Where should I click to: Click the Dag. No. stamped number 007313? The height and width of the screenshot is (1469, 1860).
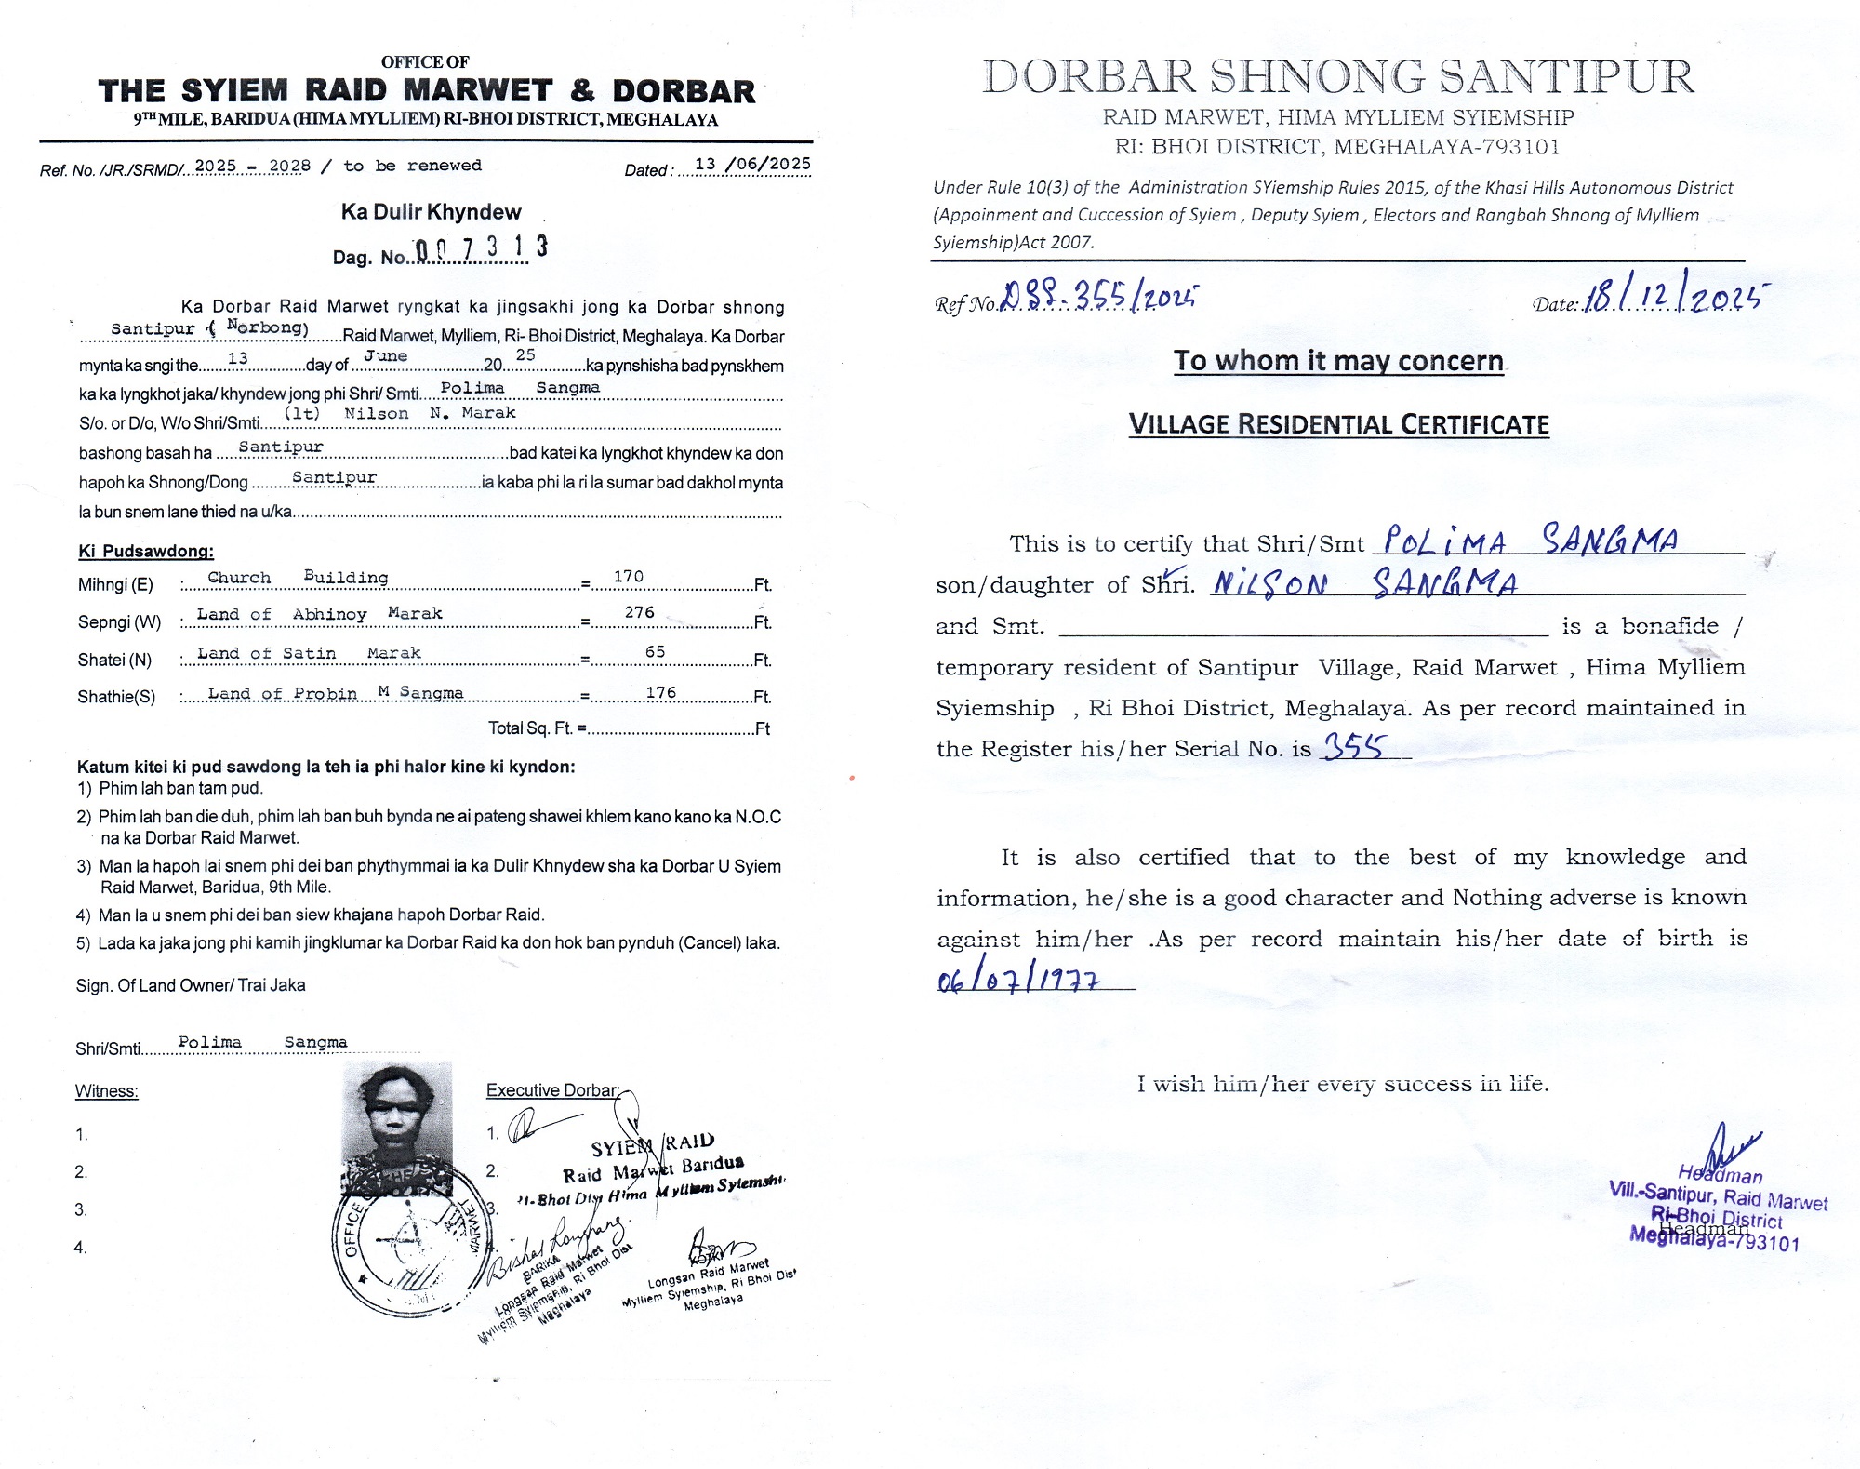tap(481, 248)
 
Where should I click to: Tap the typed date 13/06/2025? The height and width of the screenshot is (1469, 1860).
tap(752, 165)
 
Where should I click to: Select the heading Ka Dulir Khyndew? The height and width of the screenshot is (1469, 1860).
tap(431, 212)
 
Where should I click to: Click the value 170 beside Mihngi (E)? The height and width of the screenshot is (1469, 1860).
tap(628, 577)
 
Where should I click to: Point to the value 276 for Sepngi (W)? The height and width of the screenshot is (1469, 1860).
tap(639, 612)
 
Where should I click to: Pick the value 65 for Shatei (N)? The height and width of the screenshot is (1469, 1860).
tap(655, 651)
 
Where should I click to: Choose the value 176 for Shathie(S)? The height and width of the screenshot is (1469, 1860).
tap(660, 692)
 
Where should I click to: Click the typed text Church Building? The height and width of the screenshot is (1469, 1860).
tap(298, 578)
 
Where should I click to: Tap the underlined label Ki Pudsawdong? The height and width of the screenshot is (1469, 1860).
tap(146, 551)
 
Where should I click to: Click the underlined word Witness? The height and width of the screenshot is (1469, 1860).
tap(107, 1091)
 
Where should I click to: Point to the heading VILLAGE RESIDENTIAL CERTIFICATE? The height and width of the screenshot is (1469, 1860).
tap(1338, 425)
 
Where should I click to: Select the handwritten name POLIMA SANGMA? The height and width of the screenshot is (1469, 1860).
tap(1531, 540)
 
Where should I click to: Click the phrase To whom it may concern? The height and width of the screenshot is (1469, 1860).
tap(1338, 361)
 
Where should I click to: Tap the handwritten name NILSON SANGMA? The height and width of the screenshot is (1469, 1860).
tap(1364, 583)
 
